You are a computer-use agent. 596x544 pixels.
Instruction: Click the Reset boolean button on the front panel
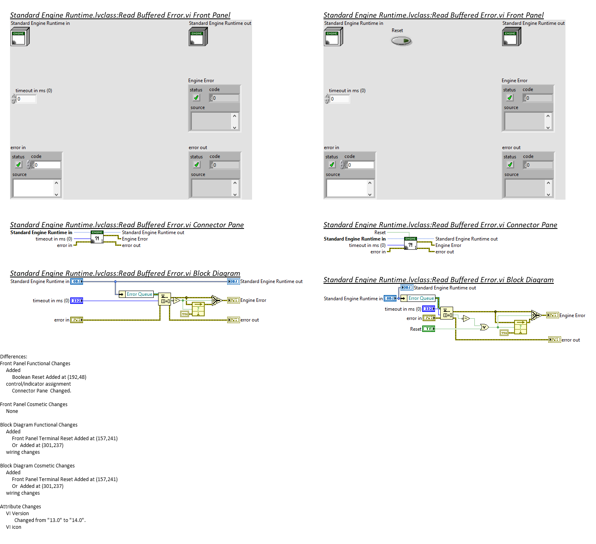401,41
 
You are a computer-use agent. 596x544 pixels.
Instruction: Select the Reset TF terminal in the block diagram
429,329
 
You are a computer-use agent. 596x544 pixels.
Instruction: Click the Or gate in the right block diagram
484,327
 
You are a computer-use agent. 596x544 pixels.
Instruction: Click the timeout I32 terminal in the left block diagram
77,301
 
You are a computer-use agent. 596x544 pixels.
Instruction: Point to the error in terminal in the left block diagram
77,320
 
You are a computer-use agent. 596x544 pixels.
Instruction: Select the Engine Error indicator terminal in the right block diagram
553,315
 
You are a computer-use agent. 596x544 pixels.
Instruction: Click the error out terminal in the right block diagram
555,340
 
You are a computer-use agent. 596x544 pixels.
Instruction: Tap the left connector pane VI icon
97,237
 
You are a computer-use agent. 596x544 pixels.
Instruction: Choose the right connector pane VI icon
411,244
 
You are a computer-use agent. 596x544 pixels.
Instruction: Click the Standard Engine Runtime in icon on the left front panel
20,37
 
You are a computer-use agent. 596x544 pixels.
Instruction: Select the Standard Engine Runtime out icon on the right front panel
511,37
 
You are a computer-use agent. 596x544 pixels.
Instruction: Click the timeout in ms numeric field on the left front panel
26,99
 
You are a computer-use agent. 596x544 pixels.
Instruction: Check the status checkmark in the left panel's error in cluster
18,165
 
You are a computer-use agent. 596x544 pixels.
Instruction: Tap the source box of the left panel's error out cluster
212,188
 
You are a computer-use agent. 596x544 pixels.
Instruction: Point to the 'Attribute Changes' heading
20,507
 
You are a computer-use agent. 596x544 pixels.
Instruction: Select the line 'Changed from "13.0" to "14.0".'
50,520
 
